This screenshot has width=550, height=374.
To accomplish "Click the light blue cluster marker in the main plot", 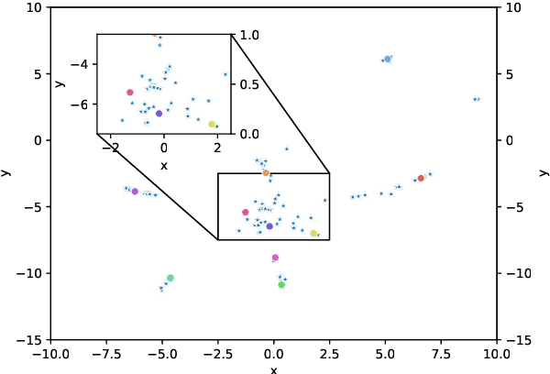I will (388, 59).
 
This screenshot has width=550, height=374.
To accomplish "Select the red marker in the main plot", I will (421, 178).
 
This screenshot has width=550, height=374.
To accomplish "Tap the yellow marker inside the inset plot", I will (212, 124).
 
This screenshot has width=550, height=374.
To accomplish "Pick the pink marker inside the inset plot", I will (130, 93).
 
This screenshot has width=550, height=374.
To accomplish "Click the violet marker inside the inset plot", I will (159, 114).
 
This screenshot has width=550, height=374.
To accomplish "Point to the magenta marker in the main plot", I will (275, 258).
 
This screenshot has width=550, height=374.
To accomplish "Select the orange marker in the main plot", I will (266, 172).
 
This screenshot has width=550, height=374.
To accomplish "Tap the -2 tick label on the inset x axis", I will (112, 147).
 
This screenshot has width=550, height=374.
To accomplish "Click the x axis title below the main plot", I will (273, 368).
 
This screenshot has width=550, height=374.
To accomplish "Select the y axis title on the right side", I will (544, 173).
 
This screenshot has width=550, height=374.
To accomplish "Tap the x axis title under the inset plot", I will (164, 165).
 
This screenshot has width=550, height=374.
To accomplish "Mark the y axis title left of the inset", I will (60, 84).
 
